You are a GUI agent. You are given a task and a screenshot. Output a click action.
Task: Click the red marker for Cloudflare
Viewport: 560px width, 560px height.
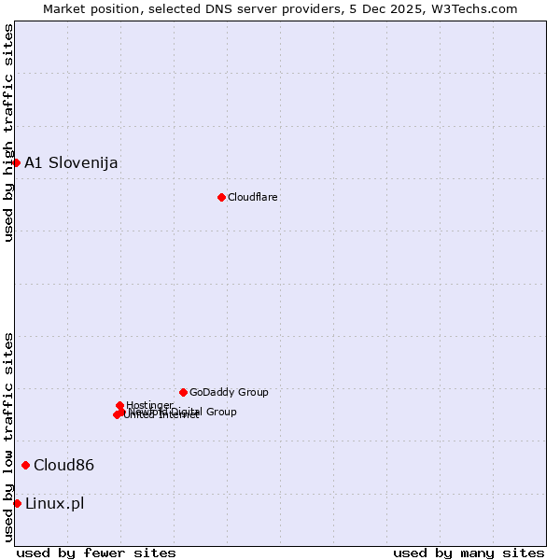(x=221, y=197)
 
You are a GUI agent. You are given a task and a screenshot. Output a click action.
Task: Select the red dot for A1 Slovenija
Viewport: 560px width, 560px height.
(x=16, y=162)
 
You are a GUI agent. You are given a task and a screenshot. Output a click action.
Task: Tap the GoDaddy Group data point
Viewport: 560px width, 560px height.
(x=183, y=392)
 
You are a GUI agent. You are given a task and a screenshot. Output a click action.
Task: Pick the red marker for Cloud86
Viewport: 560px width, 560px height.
(x=25, y=465)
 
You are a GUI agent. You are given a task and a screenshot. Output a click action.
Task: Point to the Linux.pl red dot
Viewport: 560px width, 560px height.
(x=17, y=503)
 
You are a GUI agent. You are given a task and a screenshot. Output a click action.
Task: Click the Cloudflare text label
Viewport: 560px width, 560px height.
(x=253, y=197)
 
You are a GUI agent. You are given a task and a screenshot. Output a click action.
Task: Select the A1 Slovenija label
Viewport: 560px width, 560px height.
(x=71, y=162)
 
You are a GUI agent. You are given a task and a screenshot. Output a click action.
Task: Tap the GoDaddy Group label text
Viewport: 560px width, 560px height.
(x=229, y=392)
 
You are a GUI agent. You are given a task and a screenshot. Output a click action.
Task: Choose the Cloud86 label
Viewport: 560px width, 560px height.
(x=63, y=465)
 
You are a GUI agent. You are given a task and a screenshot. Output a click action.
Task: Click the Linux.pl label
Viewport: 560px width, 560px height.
(x=54, y=503)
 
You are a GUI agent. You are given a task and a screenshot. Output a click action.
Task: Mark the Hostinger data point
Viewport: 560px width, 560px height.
(x=119, y=405)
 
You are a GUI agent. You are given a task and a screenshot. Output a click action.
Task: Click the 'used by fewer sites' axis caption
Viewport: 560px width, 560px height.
(x=96, y=553)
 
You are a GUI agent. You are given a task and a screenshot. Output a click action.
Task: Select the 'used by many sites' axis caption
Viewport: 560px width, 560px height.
(x=469, y=553)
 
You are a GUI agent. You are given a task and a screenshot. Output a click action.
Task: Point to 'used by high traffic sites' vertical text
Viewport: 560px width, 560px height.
(x=8, y=133)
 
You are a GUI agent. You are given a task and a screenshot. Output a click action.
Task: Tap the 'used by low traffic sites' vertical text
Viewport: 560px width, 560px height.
(x=8, y=437)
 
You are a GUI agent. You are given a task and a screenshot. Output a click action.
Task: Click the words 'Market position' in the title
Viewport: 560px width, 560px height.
(x=87, y=8)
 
